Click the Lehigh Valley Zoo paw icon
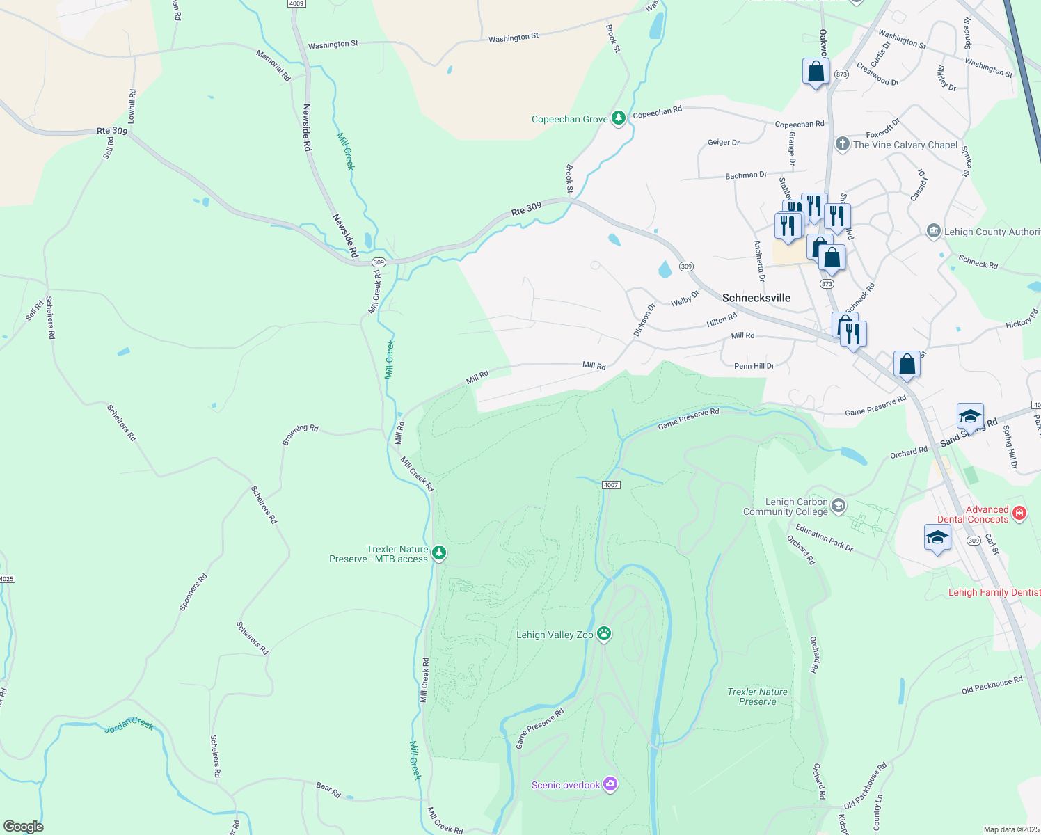pos(604,634)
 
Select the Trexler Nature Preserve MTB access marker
pos(438,553)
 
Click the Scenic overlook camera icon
pos(610,784)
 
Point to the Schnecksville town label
pos(756,298)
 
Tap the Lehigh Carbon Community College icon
pos(839,506)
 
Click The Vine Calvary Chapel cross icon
pos(842,144)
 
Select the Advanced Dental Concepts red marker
pos(1019,514)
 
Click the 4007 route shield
pos(610,485)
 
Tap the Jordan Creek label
pos(129,726)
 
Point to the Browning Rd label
pos(300,434)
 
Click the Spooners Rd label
pos(193,592)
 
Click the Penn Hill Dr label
pos(754,366)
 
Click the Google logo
pos(23,826)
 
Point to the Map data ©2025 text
pos(1010,829)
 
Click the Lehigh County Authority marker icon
pos(933,231)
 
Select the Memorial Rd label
pos(273,65)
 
